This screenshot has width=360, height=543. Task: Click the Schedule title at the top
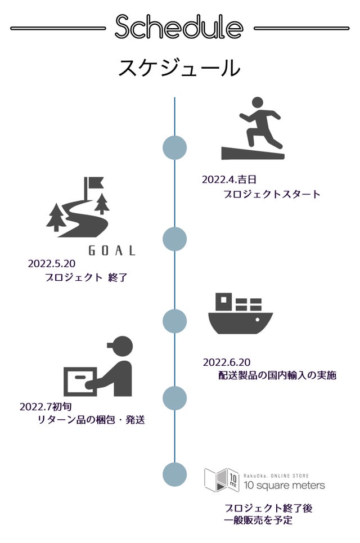pyautogui.click(x=179, y=27)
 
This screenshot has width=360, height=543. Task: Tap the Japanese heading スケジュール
pyautogui.click(x=179, y=68)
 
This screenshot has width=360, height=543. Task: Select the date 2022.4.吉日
pyautogui.click(x=229, y=179)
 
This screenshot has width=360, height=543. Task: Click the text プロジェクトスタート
pyautogui.click(x=272, y=194)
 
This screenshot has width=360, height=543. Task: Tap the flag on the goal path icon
pyautogui.click(x=93, y=183)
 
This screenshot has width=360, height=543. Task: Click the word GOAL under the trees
pyautogui.click(x=112, y=251)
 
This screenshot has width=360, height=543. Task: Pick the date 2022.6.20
pyautogui.click(x=226, y=361)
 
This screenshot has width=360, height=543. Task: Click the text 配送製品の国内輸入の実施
pyautogui.click(x=277, y=375)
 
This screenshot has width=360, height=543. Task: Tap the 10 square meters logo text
pyautogui.click(x=284, y=485)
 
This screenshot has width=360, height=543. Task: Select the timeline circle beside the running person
pyautogui.click(x=174, y=147)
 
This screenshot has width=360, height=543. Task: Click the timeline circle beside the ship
pyautogui.click(x=174, y=321)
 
